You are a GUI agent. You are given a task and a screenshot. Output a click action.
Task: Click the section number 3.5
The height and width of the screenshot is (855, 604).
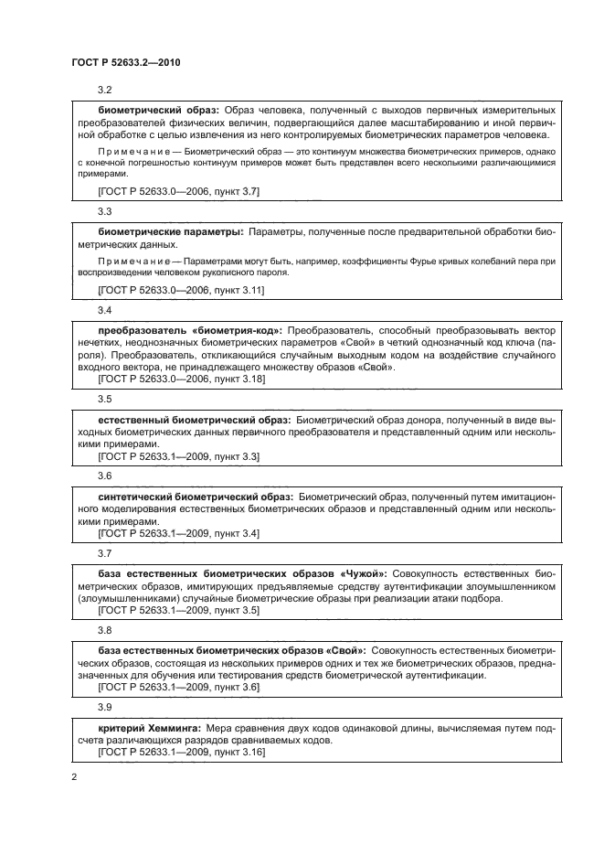[104, 400]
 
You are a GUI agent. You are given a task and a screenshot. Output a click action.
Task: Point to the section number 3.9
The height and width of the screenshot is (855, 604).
[104, 707]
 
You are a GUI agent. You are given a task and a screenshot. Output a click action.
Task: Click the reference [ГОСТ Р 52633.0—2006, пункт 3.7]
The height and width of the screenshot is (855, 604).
[178, 190]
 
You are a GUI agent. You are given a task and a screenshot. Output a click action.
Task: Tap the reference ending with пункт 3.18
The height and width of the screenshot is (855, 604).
[181, 378]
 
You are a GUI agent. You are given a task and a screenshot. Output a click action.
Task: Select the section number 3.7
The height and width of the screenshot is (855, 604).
[104, 553]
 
